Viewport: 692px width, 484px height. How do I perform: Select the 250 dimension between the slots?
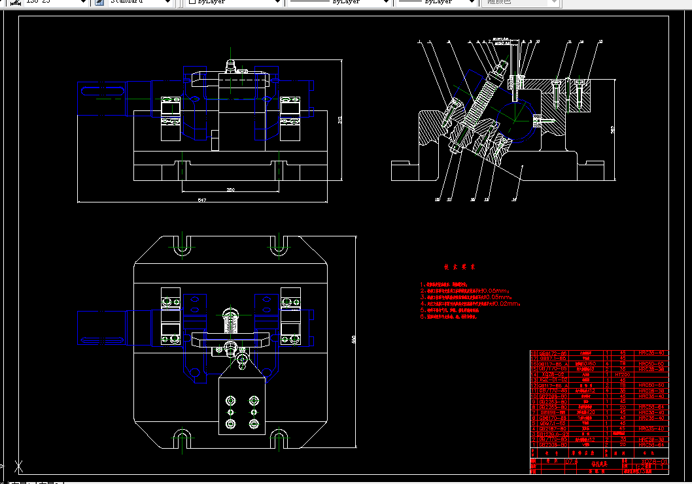point(230,190)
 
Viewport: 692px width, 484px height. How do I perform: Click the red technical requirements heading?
point(459,267)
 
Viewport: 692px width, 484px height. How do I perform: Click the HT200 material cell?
point(623,374)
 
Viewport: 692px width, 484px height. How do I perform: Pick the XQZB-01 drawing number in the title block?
point(654,462)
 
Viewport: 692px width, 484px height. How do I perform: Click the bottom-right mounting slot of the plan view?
point(278,438)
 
